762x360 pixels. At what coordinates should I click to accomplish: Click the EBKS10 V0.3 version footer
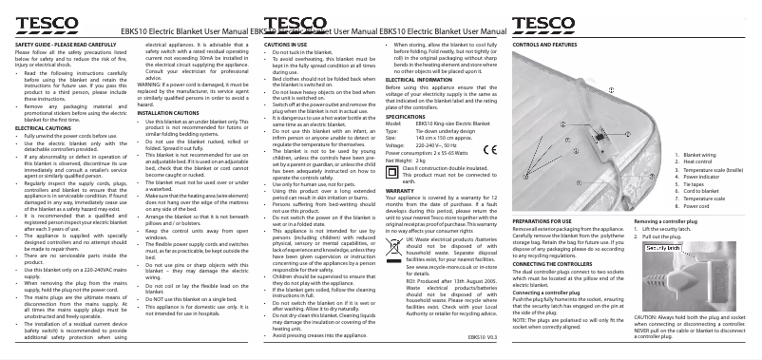(x=483, y=337)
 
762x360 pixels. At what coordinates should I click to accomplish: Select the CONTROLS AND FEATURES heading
(x=547, y=45)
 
